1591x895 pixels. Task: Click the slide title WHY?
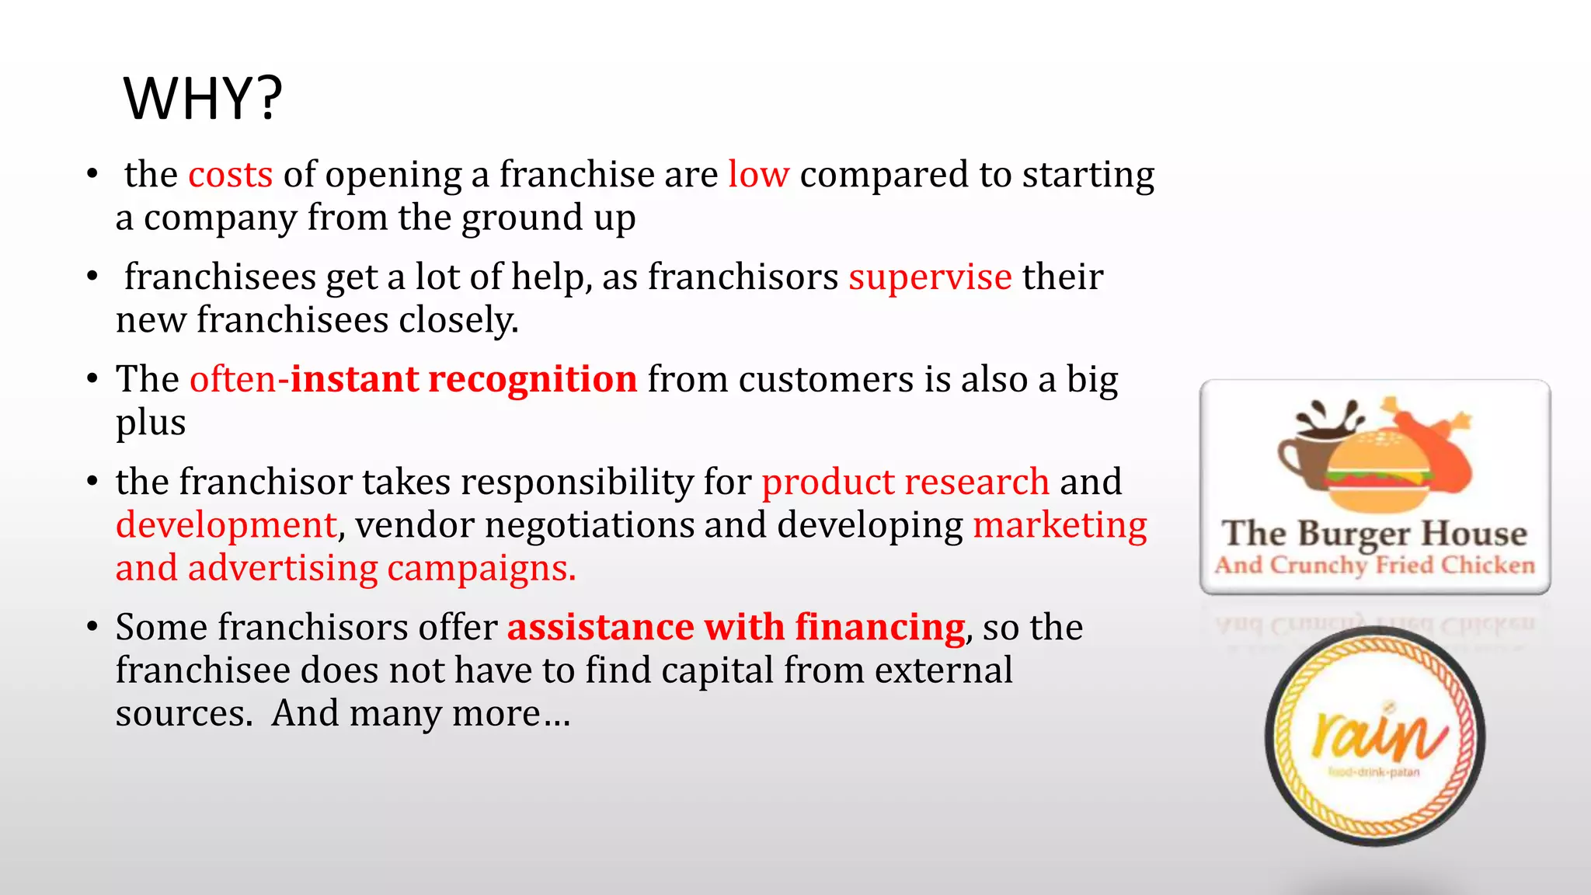coord(203,99)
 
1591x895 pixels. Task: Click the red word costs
coord(231,175)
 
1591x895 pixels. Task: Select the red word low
coord(758,175)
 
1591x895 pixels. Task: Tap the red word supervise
coord(930,277)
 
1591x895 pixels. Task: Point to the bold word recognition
coord(532,380)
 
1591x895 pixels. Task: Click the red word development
coord(226,526)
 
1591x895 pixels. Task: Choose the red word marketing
coord(1060,526)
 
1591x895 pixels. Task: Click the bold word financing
coord(879,628)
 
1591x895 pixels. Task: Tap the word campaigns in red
coord(481,569)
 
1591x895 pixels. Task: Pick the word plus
coord(151,423)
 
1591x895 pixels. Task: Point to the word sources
coord(183,714)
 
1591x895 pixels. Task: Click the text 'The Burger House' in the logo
coord(1374,534)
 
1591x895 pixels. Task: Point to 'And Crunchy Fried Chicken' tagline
coord(1374,566)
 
